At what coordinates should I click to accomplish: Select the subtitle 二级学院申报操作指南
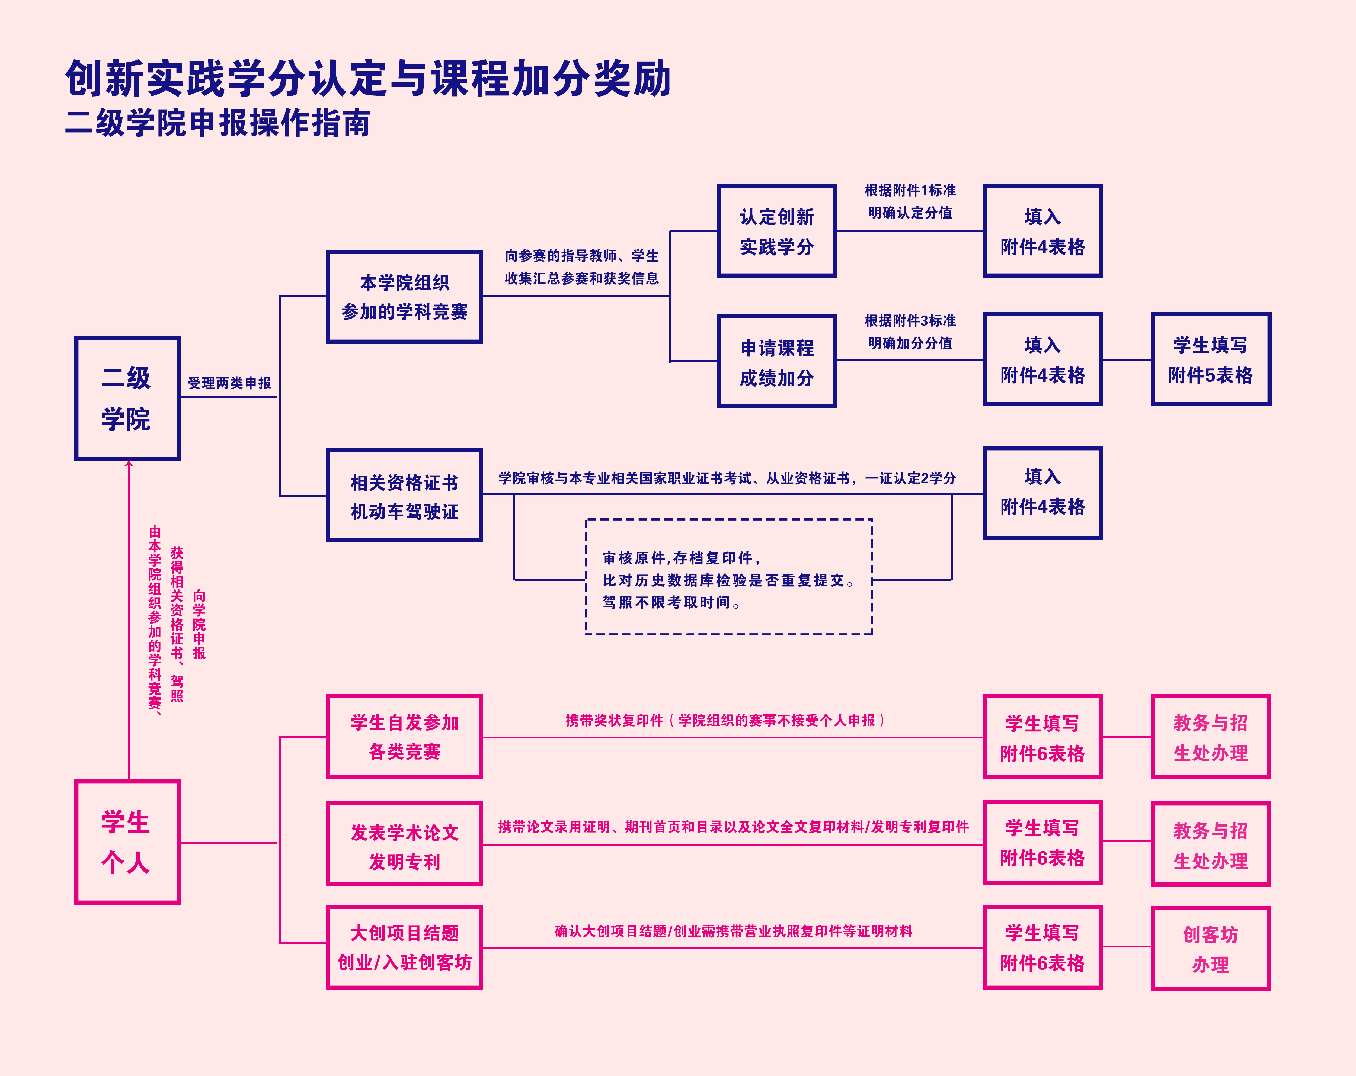pos(218,123)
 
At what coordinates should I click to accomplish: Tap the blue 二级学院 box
pos(127,398)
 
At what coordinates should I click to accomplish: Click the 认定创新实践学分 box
pos(777,231)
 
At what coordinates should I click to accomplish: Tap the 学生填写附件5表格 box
pos(1211,359)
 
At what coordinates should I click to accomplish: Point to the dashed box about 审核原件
pos(728,577)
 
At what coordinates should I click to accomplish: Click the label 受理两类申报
pos(229,383)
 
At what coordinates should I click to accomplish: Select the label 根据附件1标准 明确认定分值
pos(910,201)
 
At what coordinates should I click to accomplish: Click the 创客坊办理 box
pos(1211,948)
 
